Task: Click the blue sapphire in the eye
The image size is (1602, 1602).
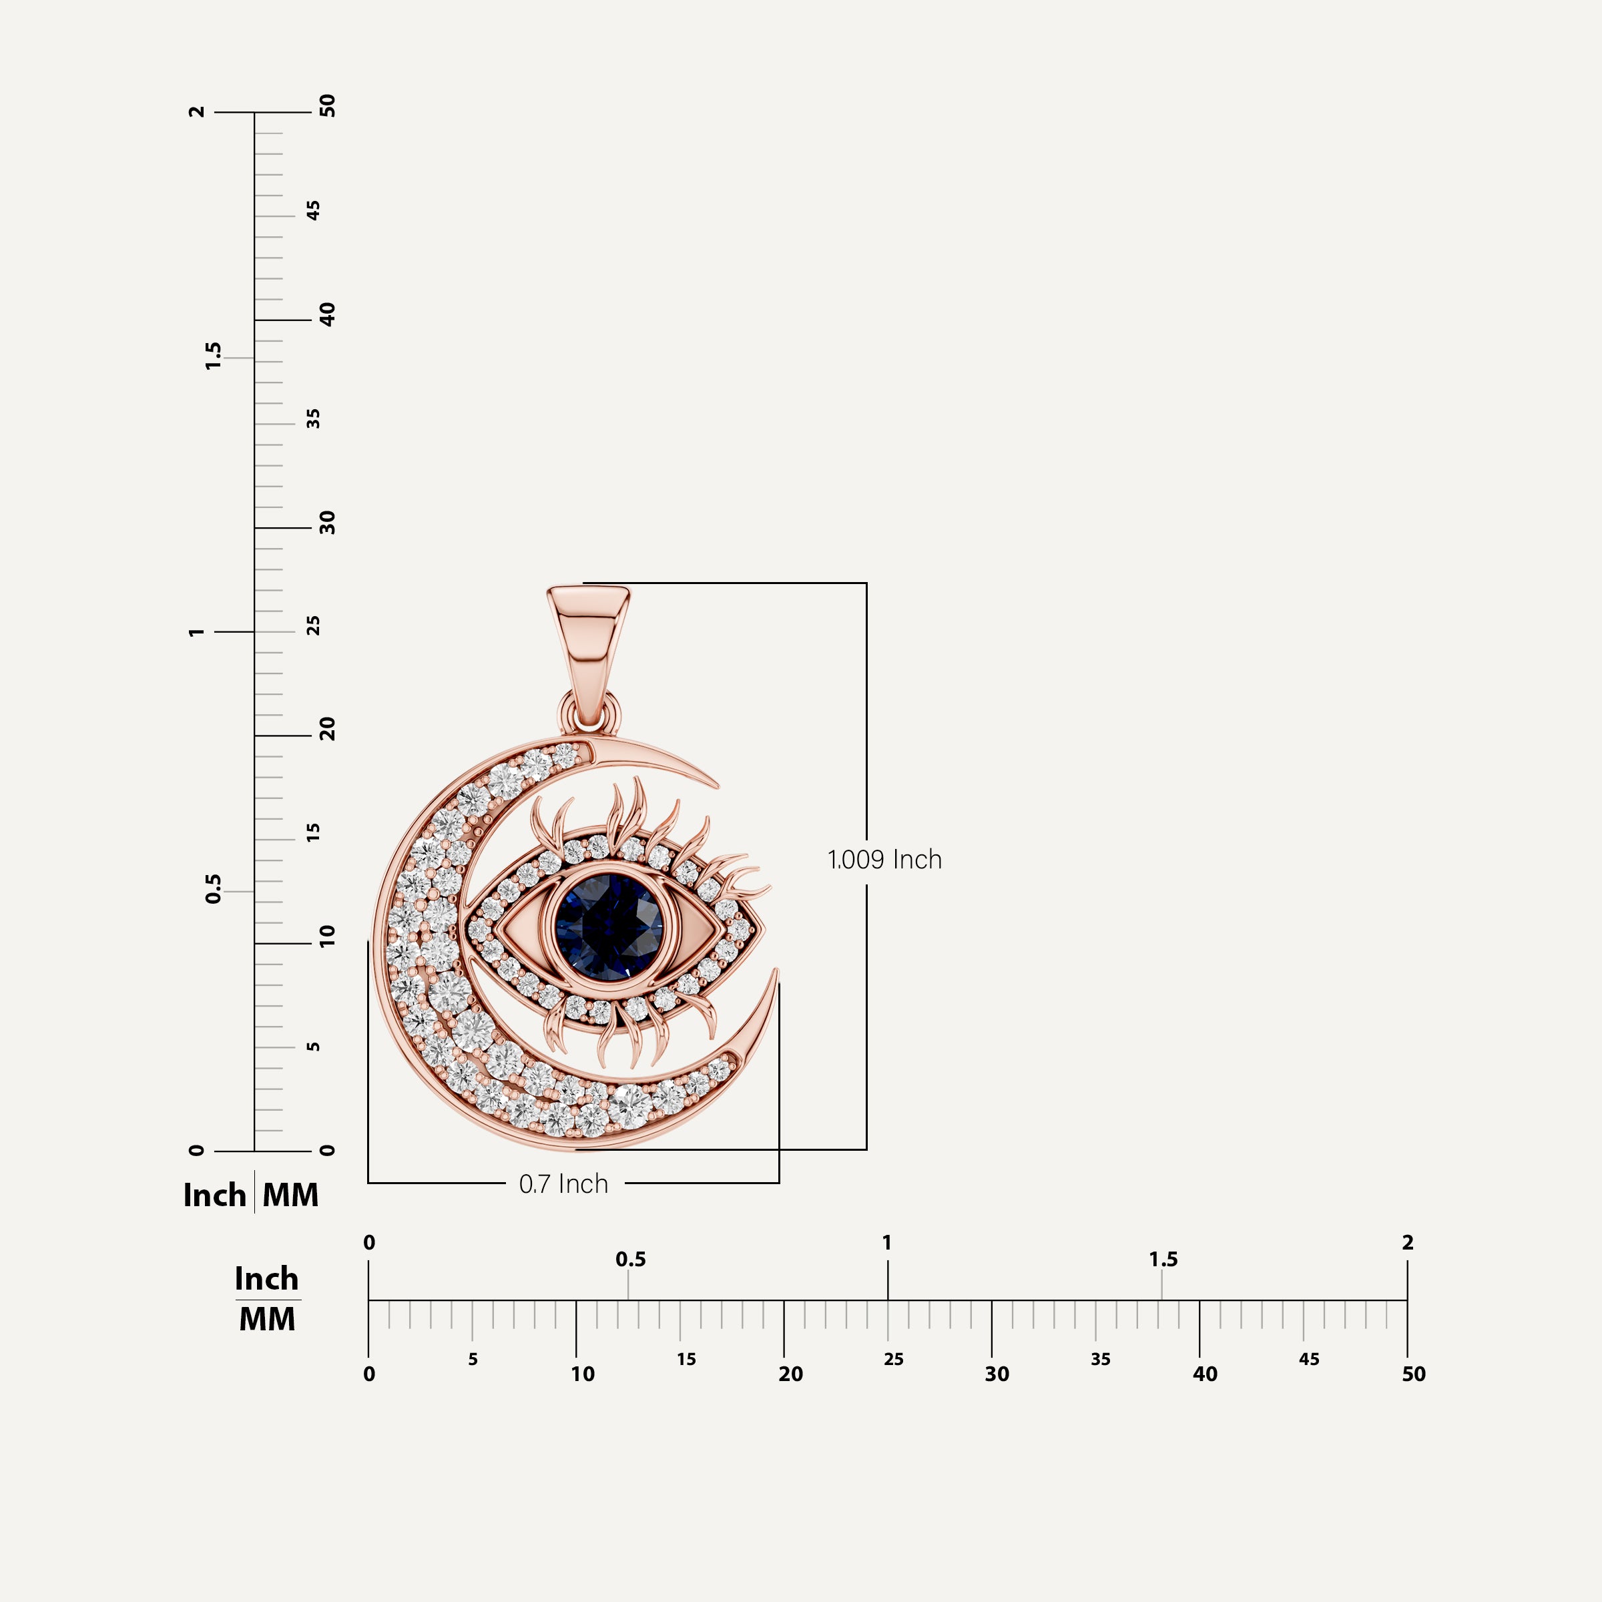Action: click(x=609, y=926)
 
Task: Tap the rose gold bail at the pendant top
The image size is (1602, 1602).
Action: click(x=589, y=643)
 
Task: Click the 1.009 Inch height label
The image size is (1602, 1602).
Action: click(x=884, y=860)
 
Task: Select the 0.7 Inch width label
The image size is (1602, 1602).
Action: click(x=563, y=1184)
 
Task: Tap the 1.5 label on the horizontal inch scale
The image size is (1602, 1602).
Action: click(x=1163, y=1260)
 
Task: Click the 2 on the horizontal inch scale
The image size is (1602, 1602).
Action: click(x=1407, y=1242)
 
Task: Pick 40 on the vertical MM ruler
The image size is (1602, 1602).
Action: click(x=328, y=314)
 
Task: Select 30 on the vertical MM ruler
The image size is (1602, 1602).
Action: click(x=328, y=523)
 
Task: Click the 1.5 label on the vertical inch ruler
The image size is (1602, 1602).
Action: click(x=213, y=356)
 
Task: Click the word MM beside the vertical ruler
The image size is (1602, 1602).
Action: click(x=290, y=1195)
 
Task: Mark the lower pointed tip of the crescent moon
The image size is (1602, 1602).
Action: click(x=777, y=970)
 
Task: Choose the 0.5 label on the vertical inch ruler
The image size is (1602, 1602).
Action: click(x=213, y=889)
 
